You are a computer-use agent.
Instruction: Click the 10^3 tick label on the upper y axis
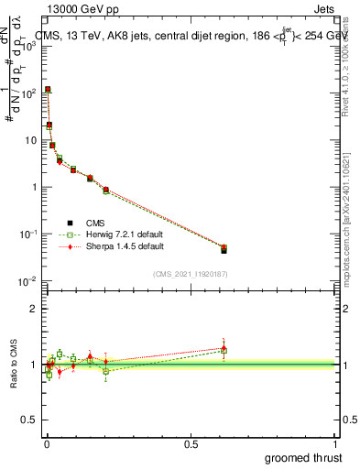pos(27,46)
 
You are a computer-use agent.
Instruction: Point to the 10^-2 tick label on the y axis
pos(27,281)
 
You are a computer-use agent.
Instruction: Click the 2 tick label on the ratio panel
pos(33,309)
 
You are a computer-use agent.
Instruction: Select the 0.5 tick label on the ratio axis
pos(27,421)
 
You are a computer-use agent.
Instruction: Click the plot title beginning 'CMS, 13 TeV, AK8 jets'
pos(183,37)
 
